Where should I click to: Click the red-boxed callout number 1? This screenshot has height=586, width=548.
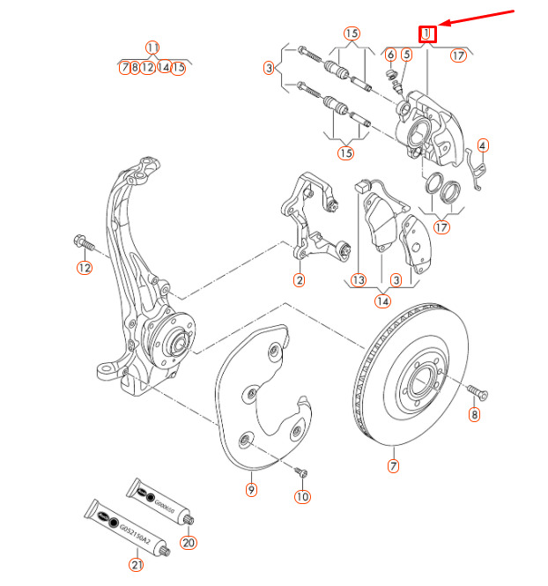(x=427, y=34)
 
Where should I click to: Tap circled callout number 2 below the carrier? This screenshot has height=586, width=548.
(x=299, y=280)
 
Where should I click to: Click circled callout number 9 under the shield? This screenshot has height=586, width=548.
(x=251, y=489)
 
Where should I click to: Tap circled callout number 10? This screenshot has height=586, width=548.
(x=302, y=497)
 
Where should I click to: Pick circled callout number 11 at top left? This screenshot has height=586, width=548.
(x=153, y=47)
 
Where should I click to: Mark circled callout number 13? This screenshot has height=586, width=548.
(x=358, y=280)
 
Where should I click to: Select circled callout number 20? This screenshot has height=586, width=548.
(x=188, y=543)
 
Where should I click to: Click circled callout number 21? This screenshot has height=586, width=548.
(x=136, y=564)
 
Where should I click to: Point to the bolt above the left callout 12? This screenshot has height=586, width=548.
(x=78, y=240)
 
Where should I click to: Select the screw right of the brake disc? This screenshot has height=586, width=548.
(x=476, y=390)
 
